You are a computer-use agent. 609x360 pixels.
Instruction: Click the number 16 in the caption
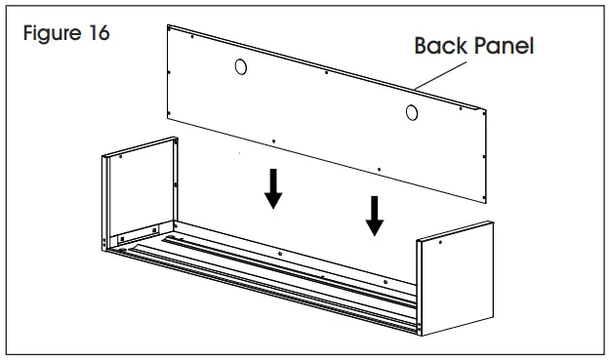pos(99,33)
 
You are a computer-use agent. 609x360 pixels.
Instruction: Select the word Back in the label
pos(439,46)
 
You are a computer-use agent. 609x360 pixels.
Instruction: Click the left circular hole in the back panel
pos(241,67)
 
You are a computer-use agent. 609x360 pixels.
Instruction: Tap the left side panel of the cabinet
pos(142,190)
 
